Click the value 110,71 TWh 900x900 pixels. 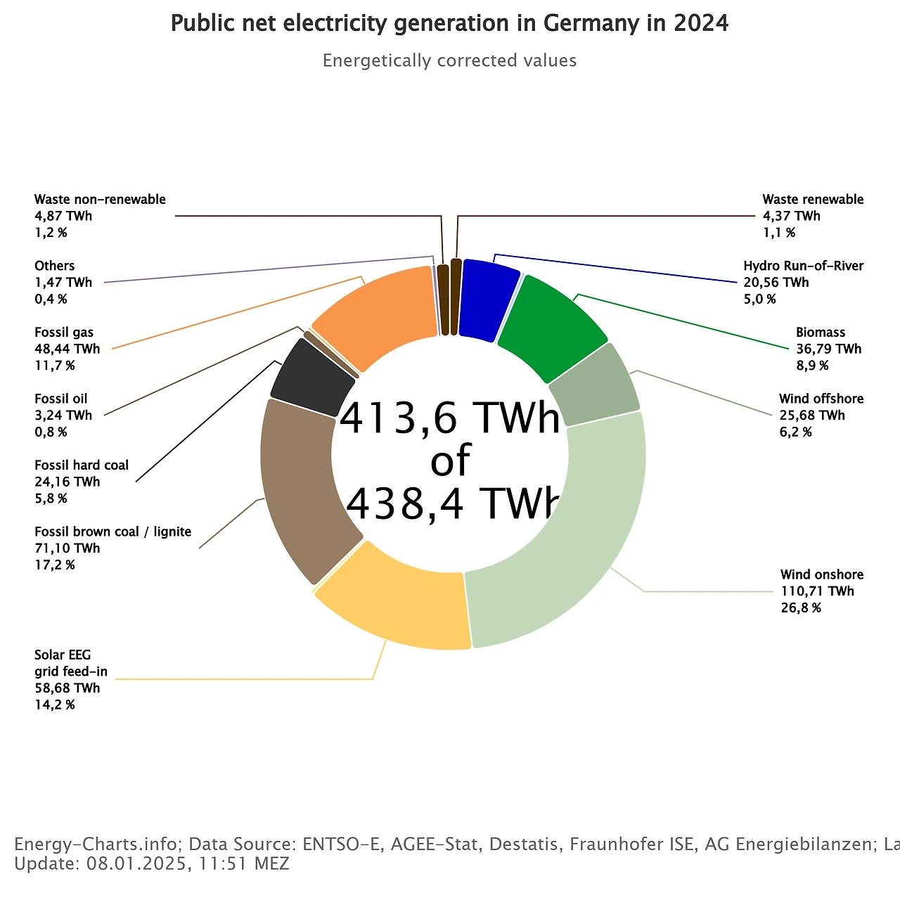[x=817, y=591]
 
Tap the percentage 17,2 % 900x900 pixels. [x=55, y=565]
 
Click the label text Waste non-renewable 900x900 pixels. [x=100, y=200]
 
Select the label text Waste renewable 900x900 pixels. [x=813, y=200]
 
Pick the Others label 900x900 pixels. [x=54, y=266]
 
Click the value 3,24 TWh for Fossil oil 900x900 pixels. [x=63, y=416]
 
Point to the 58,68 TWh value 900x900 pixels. [x=67, y=688]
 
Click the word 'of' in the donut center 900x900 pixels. [x=450, y=461]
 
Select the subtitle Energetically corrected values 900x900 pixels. [x=449, y=61]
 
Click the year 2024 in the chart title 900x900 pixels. [x=700, y=24]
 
